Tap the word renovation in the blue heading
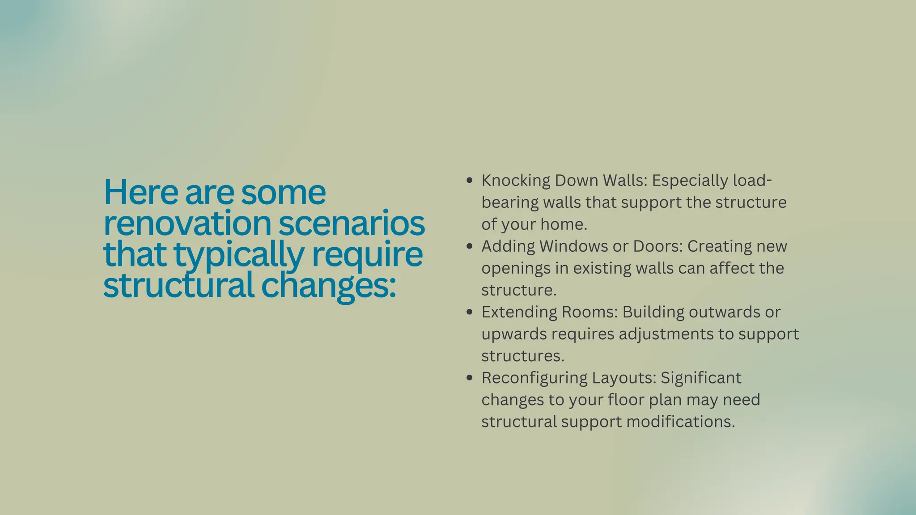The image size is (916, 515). [187, 224]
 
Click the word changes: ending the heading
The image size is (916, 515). [328, 286]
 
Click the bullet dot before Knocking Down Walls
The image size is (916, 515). [469, 181]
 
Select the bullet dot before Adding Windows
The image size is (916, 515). [469, 246]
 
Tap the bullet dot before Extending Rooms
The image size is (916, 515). [469, 312]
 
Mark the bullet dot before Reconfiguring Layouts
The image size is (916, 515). [469, 378]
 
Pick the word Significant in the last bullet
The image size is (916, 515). [701, 378]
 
